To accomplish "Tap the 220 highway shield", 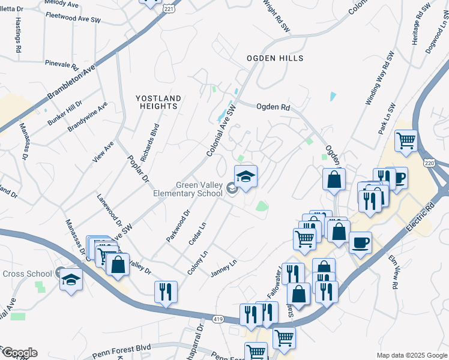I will (443, 162).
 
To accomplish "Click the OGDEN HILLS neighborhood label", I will (275, 58).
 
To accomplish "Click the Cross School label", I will (27, 274).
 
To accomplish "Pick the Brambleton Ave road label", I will (72, 85).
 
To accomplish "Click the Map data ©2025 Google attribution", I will (411, 355).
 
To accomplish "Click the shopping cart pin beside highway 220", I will (406, 141).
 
